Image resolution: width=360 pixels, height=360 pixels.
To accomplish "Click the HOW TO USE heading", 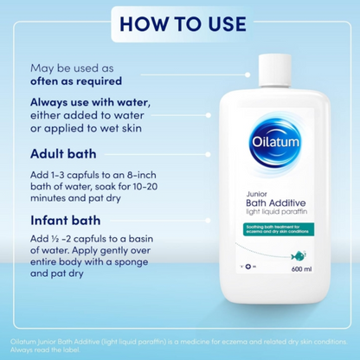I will click(180, 22).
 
